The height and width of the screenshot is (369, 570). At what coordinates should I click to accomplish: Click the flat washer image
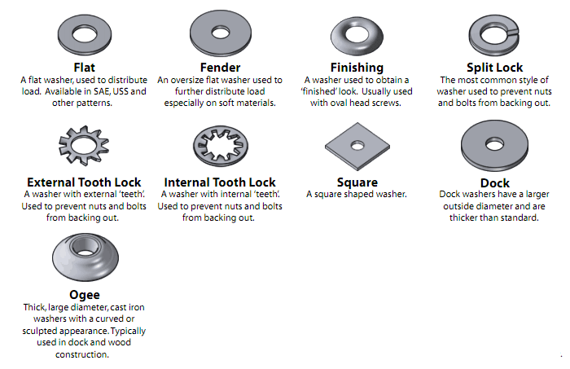(84, 34)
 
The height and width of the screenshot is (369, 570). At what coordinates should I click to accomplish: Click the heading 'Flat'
(84, 68)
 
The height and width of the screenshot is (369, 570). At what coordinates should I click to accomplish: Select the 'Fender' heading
(220, 68)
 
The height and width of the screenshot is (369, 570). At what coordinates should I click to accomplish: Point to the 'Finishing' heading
(357, 68)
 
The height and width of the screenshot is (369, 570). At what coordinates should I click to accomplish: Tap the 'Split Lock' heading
(493, 68)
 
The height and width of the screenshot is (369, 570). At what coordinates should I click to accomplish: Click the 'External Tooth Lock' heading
(84, 182)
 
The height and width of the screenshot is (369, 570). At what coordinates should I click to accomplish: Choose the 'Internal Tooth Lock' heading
(220, 182)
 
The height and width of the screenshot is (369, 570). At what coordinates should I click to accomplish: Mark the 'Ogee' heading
(85, 295)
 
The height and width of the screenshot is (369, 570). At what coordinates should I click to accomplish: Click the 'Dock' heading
(493, 183)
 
